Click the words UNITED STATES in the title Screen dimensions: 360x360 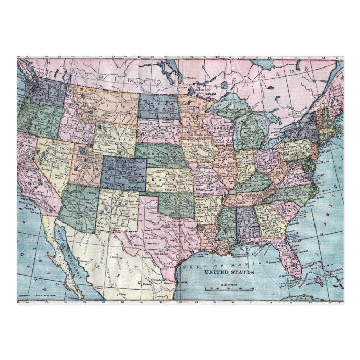[229, 273]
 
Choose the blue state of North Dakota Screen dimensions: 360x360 [159, 105]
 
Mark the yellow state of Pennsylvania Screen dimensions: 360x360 [295, 148]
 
